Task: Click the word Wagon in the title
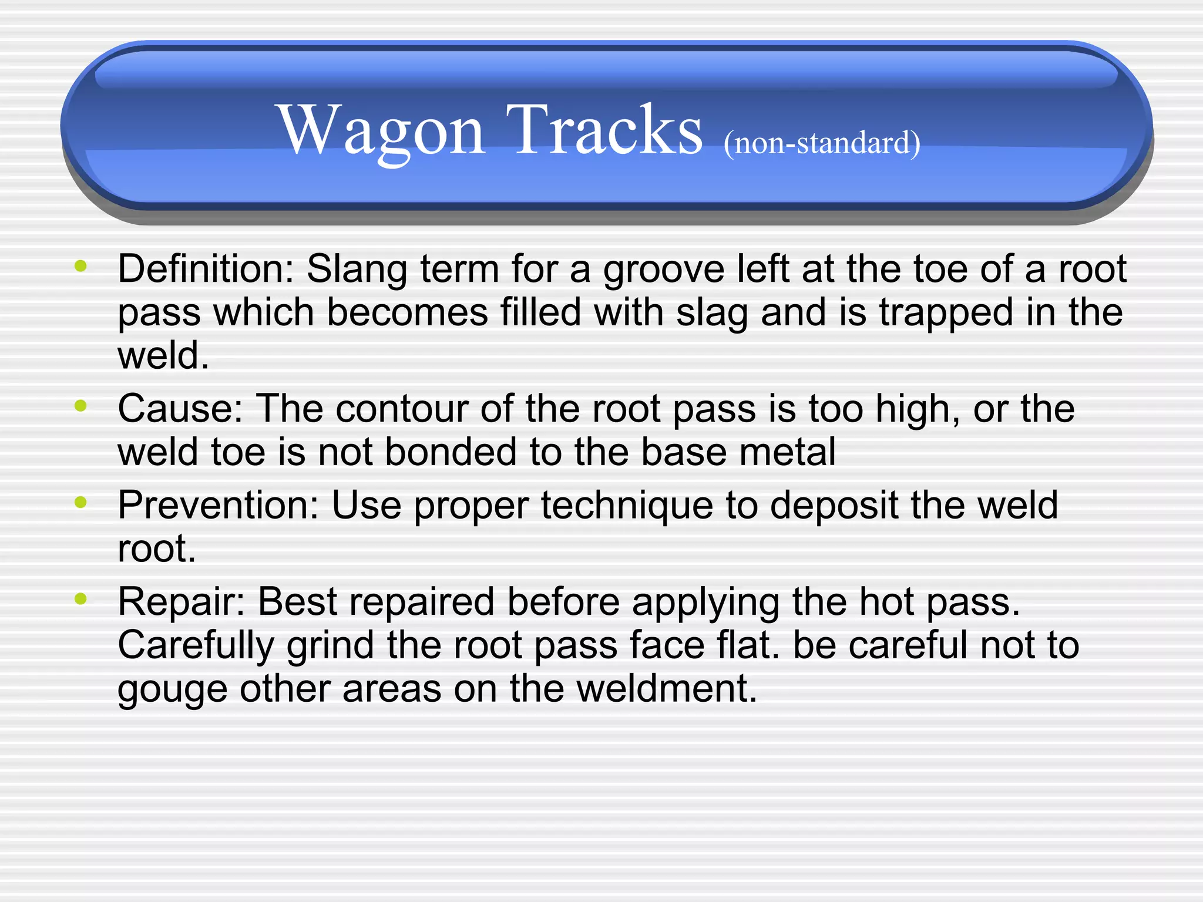point(382,130)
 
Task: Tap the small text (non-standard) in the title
point(821,143)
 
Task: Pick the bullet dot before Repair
point(81,598)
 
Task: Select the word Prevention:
point(218,505)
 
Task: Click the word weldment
point(667,688)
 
